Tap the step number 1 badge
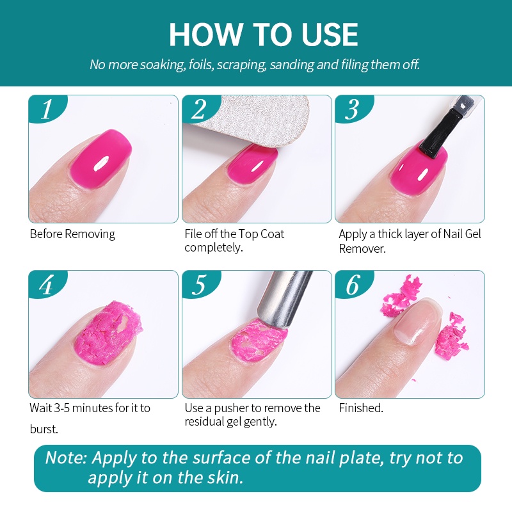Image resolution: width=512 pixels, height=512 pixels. pos(46,109)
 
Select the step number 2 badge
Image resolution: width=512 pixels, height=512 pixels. pos(199,109)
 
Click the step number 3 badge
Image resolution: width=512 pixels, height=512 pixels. pos(352,109)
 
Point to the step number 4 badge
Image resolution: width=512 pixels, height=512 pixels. pos(46,285)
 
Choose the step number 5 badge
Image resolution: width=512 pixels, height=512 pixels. pos(199,285)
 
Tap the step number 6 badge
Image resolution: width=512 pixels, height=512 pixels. pos(352,285)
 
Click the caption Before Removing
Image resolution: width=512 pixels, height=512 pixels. pos(72,234)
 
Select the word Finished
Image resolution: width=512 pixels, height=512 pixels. pos(361,408)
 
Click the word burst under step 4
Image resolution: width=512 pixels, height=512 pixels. pos(44,429)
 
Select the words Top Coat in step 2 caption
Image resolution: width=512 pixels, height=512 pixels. pos(261,234)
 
